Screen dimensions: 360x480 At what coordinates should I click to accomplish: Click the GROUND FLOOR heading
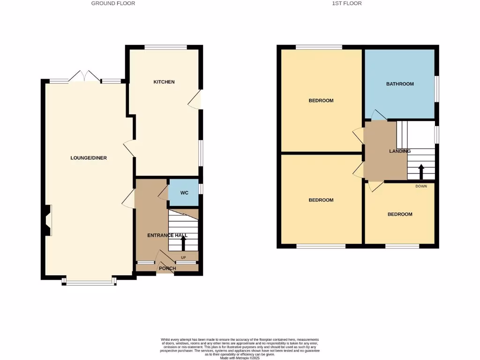click(x=113, y=3)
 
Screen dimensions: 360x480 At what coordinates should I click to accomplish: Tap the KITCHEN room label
click(x=164, y=82)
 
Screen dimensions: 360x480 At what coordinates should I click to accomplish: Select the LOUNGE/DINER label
click(x=89, y=158)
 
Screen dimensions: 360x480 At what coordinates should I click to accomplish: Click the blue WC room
click(x=184, y=193)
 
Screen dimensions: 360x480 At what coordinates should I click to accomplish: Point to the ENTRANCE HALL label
click(x=167, y=235)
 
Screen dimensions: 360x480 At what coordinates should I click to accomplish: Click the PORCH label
click(x=167, y=269)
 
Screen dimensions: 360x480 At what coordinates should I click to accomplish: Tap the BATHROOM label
click(x=400, y=84)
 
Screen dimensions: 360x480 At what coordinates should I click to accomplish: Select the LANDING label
click(x=400, y=151)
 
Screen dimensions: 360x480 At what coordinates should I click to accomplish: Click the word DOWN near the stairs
click(x=421, y=186)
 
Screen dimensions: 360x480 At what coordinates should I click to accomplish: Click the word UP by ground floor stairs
click(x=183, y=258)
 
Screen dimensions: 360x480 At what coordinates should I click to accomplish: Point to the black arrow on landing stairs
click(x=421, y=172)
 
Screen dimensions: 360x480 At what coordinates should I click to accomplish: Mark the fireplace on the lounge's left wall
click(x=48, y=220)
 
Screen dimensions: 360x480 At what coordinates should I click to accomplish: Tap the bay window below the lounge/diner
click(x=89, y=282)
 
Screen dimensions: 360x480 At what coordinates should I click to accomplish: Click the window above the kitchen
click(x=165, y=47)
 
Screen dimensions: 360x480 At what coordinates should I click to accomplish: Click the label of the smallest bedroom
click(x=400, y=214)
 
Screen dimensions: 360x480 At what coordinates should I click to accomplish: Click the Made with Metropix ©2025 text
click(x=240, y=358)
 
